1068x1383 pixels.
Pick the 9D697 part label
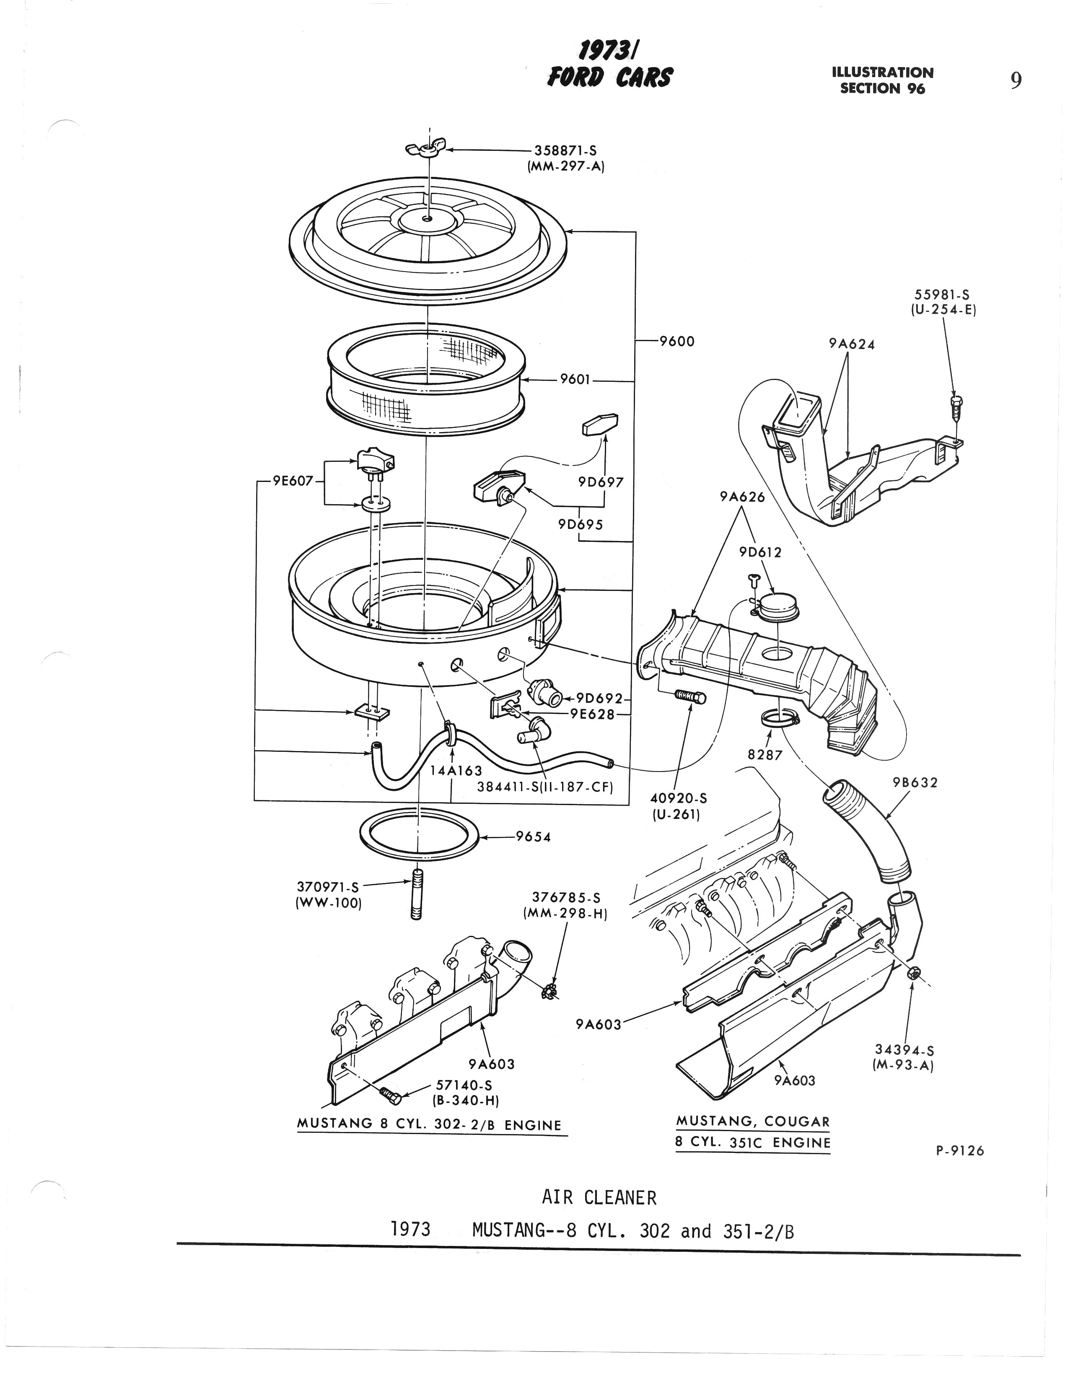click(x=601, y=482)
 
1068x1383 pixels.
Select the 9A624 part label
click(x=852, y=344)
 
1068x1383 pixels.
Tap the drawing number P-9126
click(x=960, y=1150)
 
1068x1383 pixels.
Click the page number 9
click(x=1016, y=80)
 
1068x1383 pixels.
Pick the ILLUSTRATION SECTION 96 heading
click(x=882, y=80)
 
